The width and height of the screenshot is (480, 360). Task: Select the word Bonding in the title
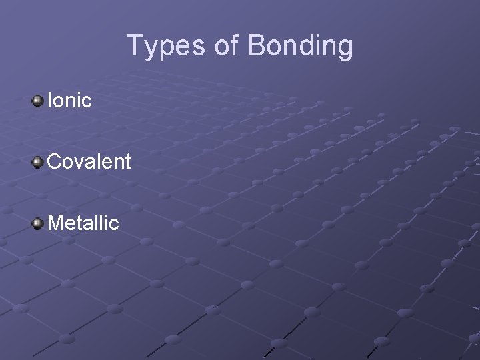click(x=301, y=46)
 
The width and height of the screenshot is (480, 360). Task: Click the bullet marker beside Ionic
click(x=38, y=101)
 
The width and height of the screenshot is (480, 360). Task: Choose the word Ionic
click(x=69, y=101)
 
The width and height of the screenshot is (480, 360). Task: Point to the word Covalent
click(x=89, y=161)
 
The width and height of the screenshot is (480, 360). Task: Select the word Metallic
click(x=83, y=221)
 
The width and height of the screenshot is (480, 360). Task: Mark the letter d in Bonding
click(x=304, y=46)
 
